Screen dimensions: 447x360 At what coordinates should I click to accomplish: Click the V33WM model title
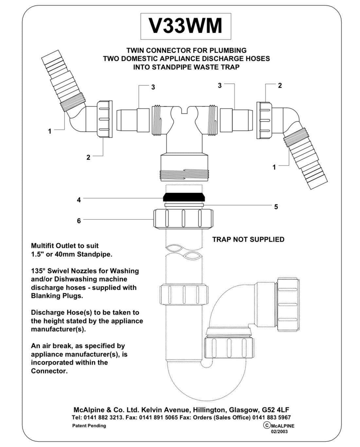186,26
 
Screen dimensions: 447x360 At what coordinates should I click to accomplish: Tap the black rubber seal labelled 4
184,197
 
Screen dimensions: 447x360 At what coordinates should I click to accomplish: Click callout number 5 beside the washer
276,207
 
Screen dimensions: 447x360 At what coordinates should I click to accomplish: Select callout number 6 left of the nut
79,221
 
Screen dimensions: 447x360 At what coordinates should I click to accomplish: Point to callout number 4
79,199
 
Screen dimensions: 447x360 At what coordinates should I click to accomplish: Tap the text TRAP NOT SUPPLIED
248,239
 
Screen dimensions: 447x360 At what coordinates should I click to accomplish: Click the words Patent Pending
89,425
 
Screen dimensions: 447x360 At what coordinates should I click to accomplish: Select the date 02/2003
279,431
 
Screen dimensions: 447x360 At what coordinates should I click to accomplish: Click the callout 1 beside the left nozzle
50,131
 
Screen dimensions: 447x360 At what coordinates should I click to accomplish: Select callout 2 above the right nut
280,85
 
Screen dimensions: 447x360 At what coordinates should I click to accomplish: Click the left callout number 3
153,87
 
